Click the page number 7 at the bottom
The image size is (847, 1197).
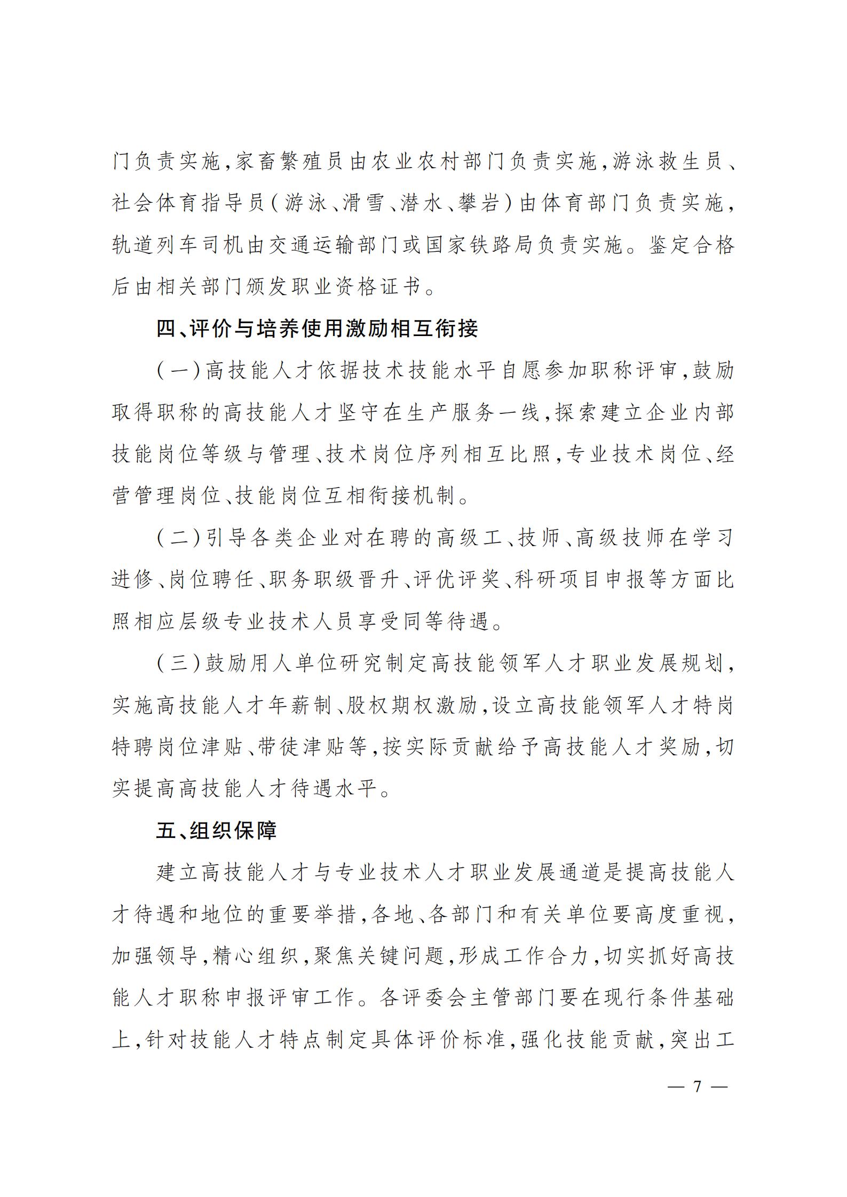pyautogui.click(x=697, y=1087)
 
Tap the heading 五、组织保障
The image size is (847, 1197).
pyautogui.click(x=216, y=831)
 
